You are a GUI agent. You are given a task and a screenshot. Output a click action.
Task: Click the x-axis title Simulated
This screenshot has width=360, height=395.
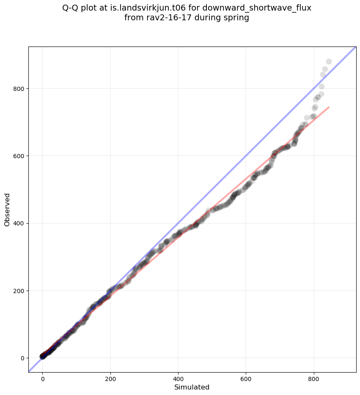click(x=192, y=387)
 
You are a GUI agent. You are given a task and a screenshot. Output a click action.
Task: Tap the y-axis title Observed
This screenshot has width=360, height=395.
click(x=7, y=209)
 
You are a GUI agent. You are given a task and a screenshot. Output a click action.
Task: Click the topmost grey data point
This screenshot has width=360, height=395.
click(x=329, y=61)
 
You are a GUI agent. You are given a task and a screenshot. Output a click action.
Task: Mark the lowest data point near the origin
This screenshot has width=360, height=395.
click(x=43, y=357)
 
